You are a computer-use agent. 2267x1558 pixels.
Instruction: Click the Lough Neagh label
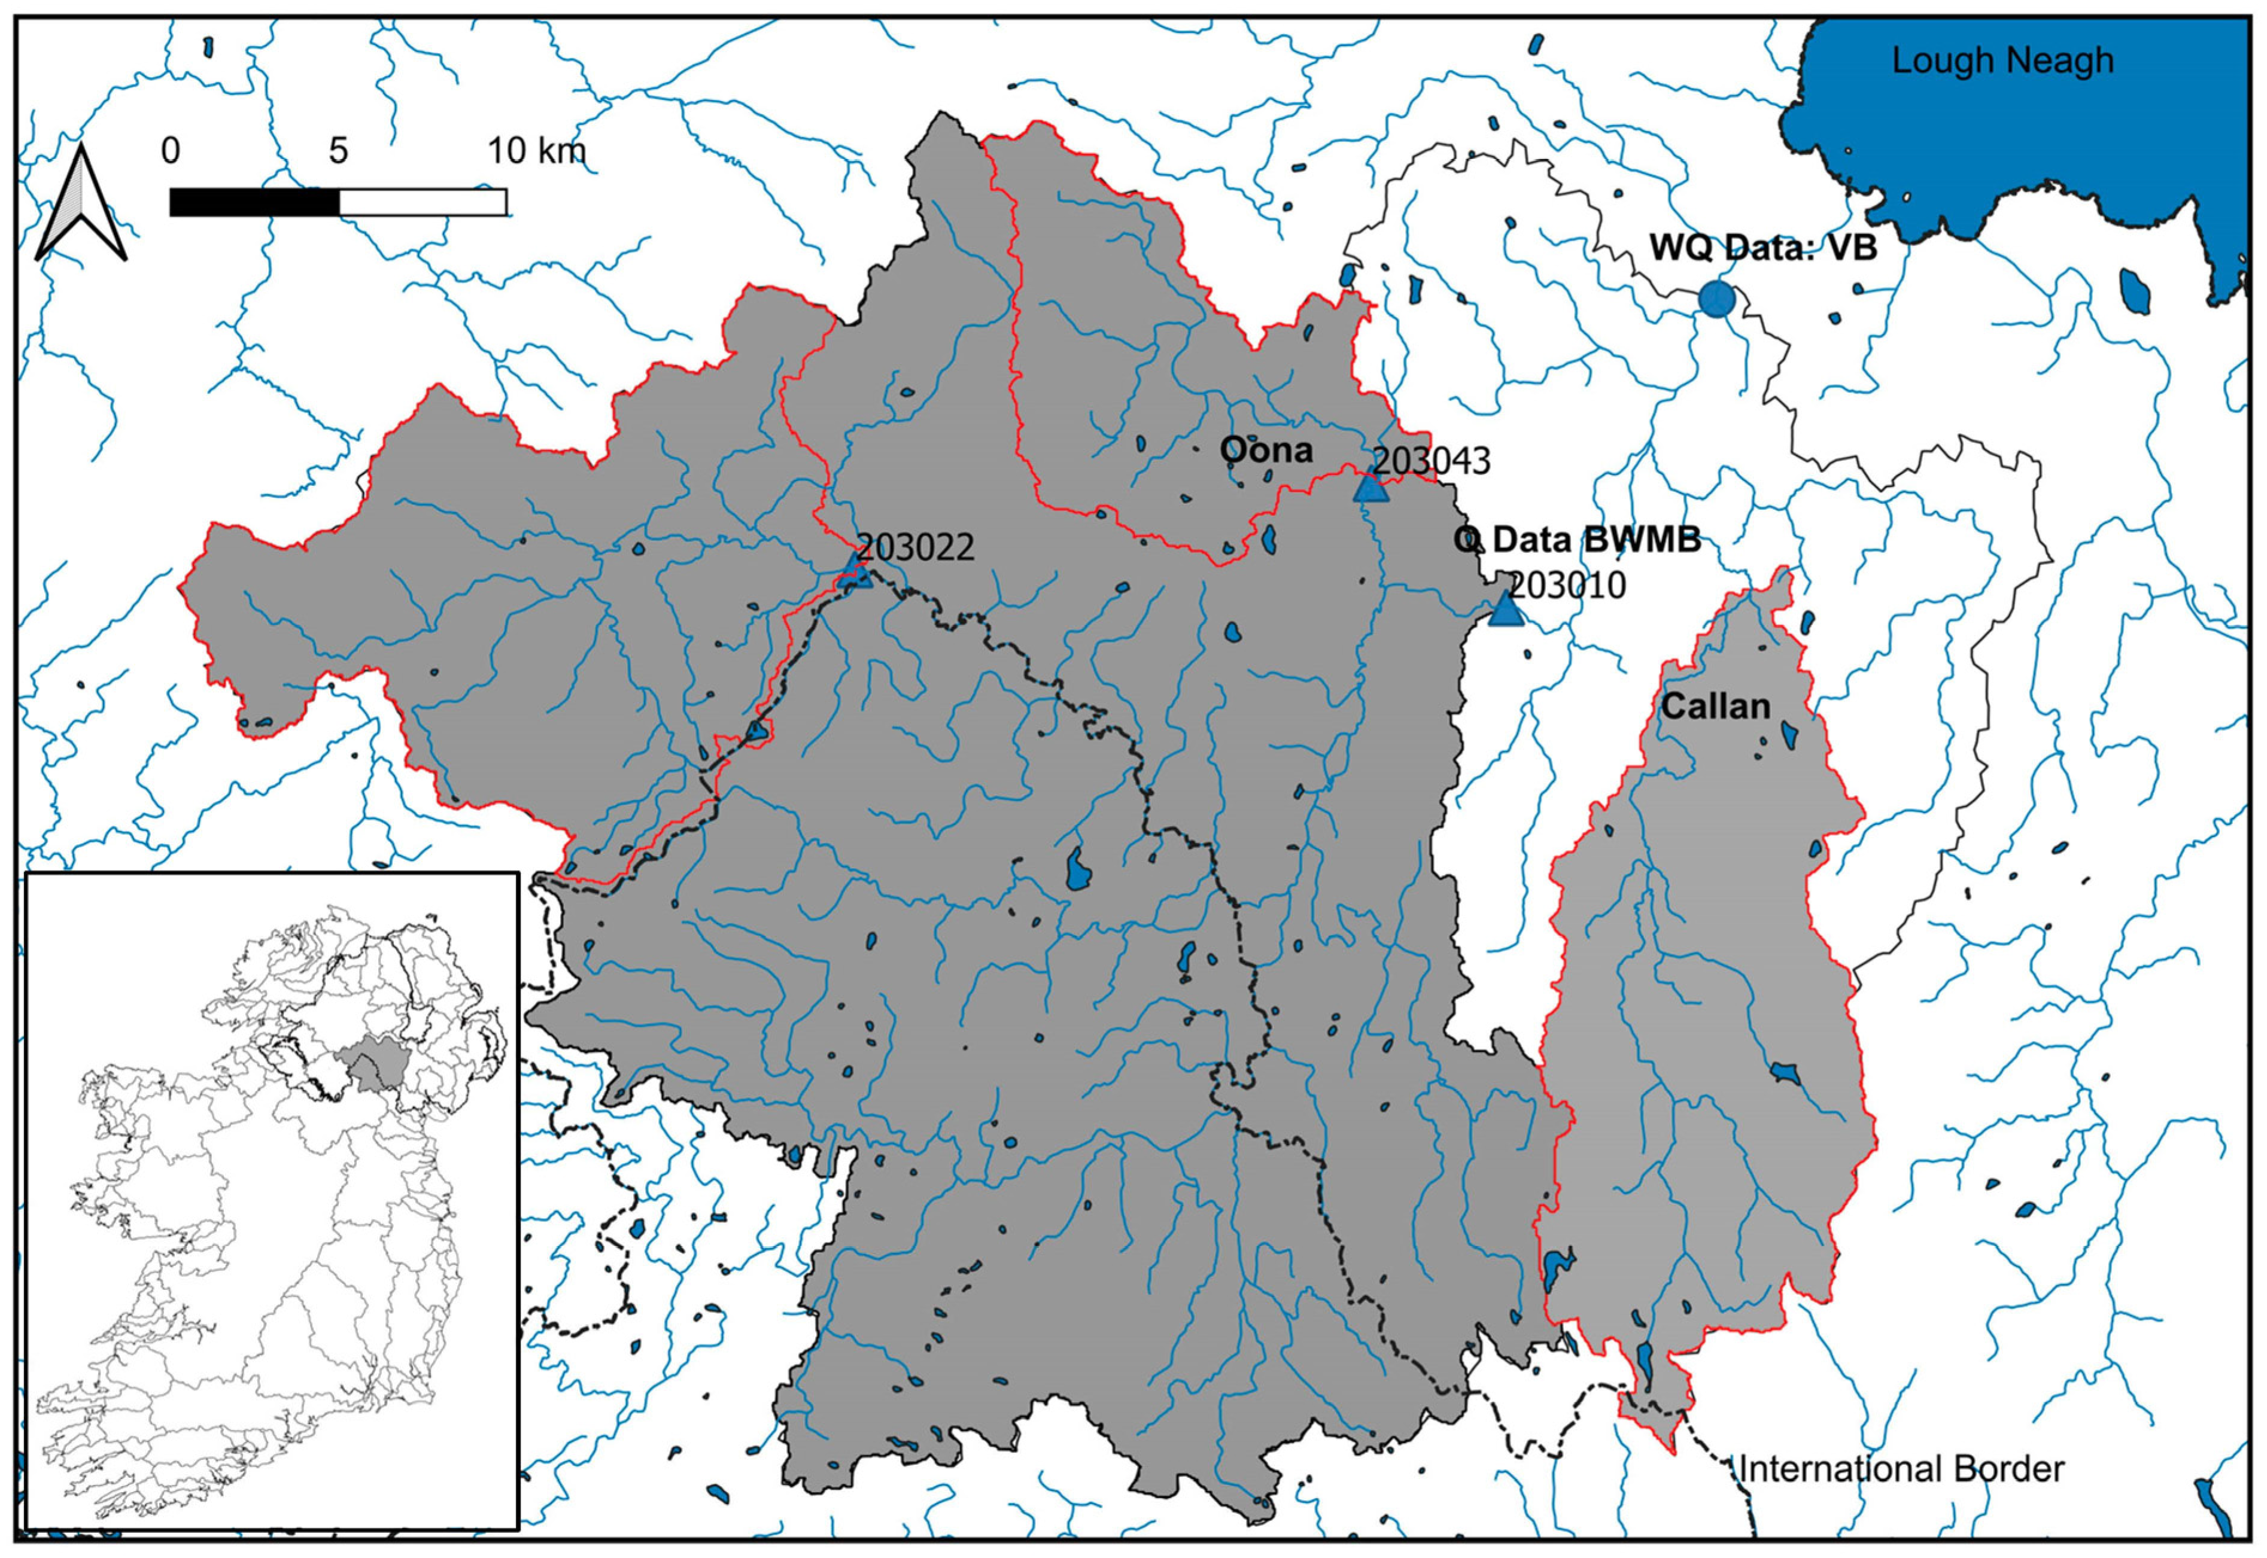[x=2002, y=60]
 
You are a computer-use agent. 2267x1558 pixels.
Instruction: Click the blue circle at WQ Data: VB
[x=1715, y=298]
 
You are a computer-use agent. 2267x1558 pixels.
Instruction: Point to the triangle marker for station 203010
[x=1506, y=611]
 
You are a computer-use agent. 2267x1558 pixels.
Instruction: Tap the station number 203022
[x=915, y=547]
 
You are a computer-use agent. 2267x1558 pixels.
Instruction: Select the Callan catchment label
[x=1715, y=706]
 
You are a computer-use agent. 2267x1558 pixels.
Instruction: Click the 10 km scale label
[x=536, y=151]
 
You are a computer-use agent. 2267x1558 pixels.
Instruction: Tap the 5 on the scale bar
[x=338, y=151]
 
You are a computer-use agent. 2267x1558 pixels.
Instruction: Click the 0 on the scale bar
[x=170, y=151]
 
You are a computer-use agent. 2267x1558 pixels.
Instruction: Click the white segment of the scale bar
[x=423, y=202]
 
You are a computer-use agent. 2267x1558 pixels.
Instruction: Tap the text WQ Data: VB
[x=1762, y=248]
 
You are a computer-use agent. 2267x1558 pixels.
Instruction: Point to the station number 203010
[x=1567, y=585]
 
